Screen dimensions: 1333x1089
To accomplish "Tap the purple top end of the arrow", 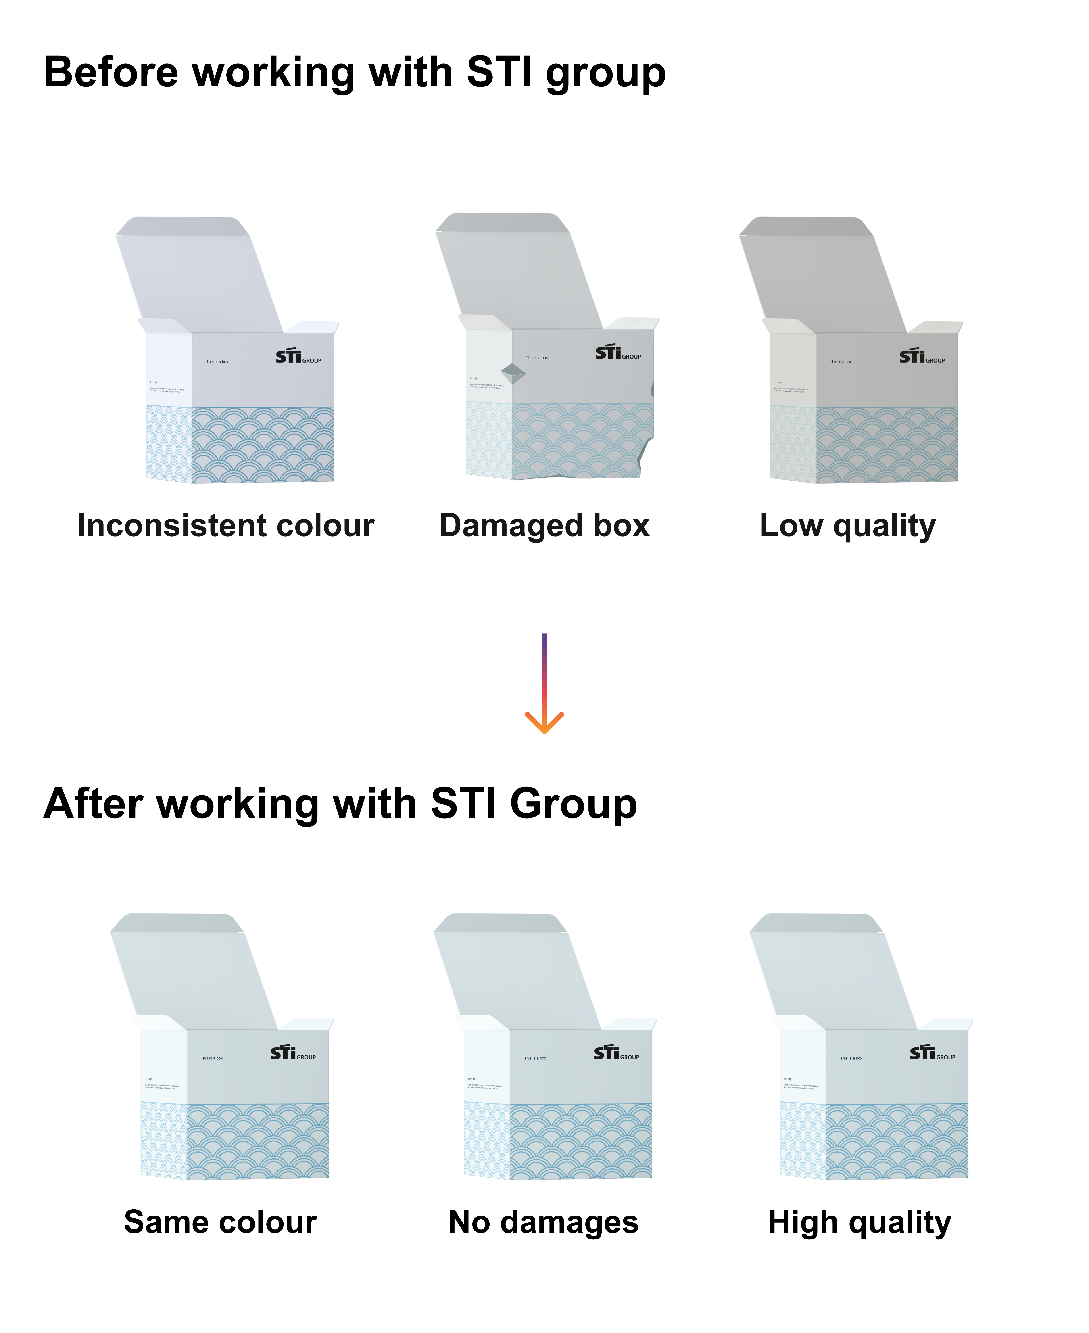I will tap(544, 640).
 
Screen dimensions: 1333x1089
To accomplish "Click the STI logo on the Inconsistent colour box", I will tap(298, 357).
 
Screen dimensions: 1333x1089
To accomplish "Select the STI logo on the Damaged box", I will tap(618, 353).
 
